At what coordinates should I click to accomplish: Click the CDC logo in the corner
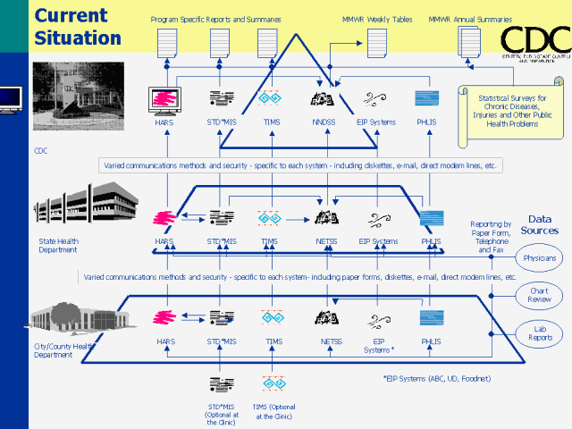click(x=534, y=41)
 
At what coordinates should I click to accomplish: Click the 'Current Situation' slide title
click(x=78, y=27)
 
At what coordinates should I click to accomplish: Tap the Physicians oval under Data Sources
click(x=540, y=259)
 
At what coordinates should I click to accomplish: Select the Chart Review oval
click(x=540, y=296)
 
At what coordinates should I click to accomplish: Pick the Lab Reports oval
click(x=540, y=332)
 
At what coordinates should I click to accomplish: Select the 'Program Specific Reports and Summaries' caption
click(x=217, y=18)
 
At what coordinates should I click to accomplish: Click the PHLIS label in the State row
click(x=432, y=241)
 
